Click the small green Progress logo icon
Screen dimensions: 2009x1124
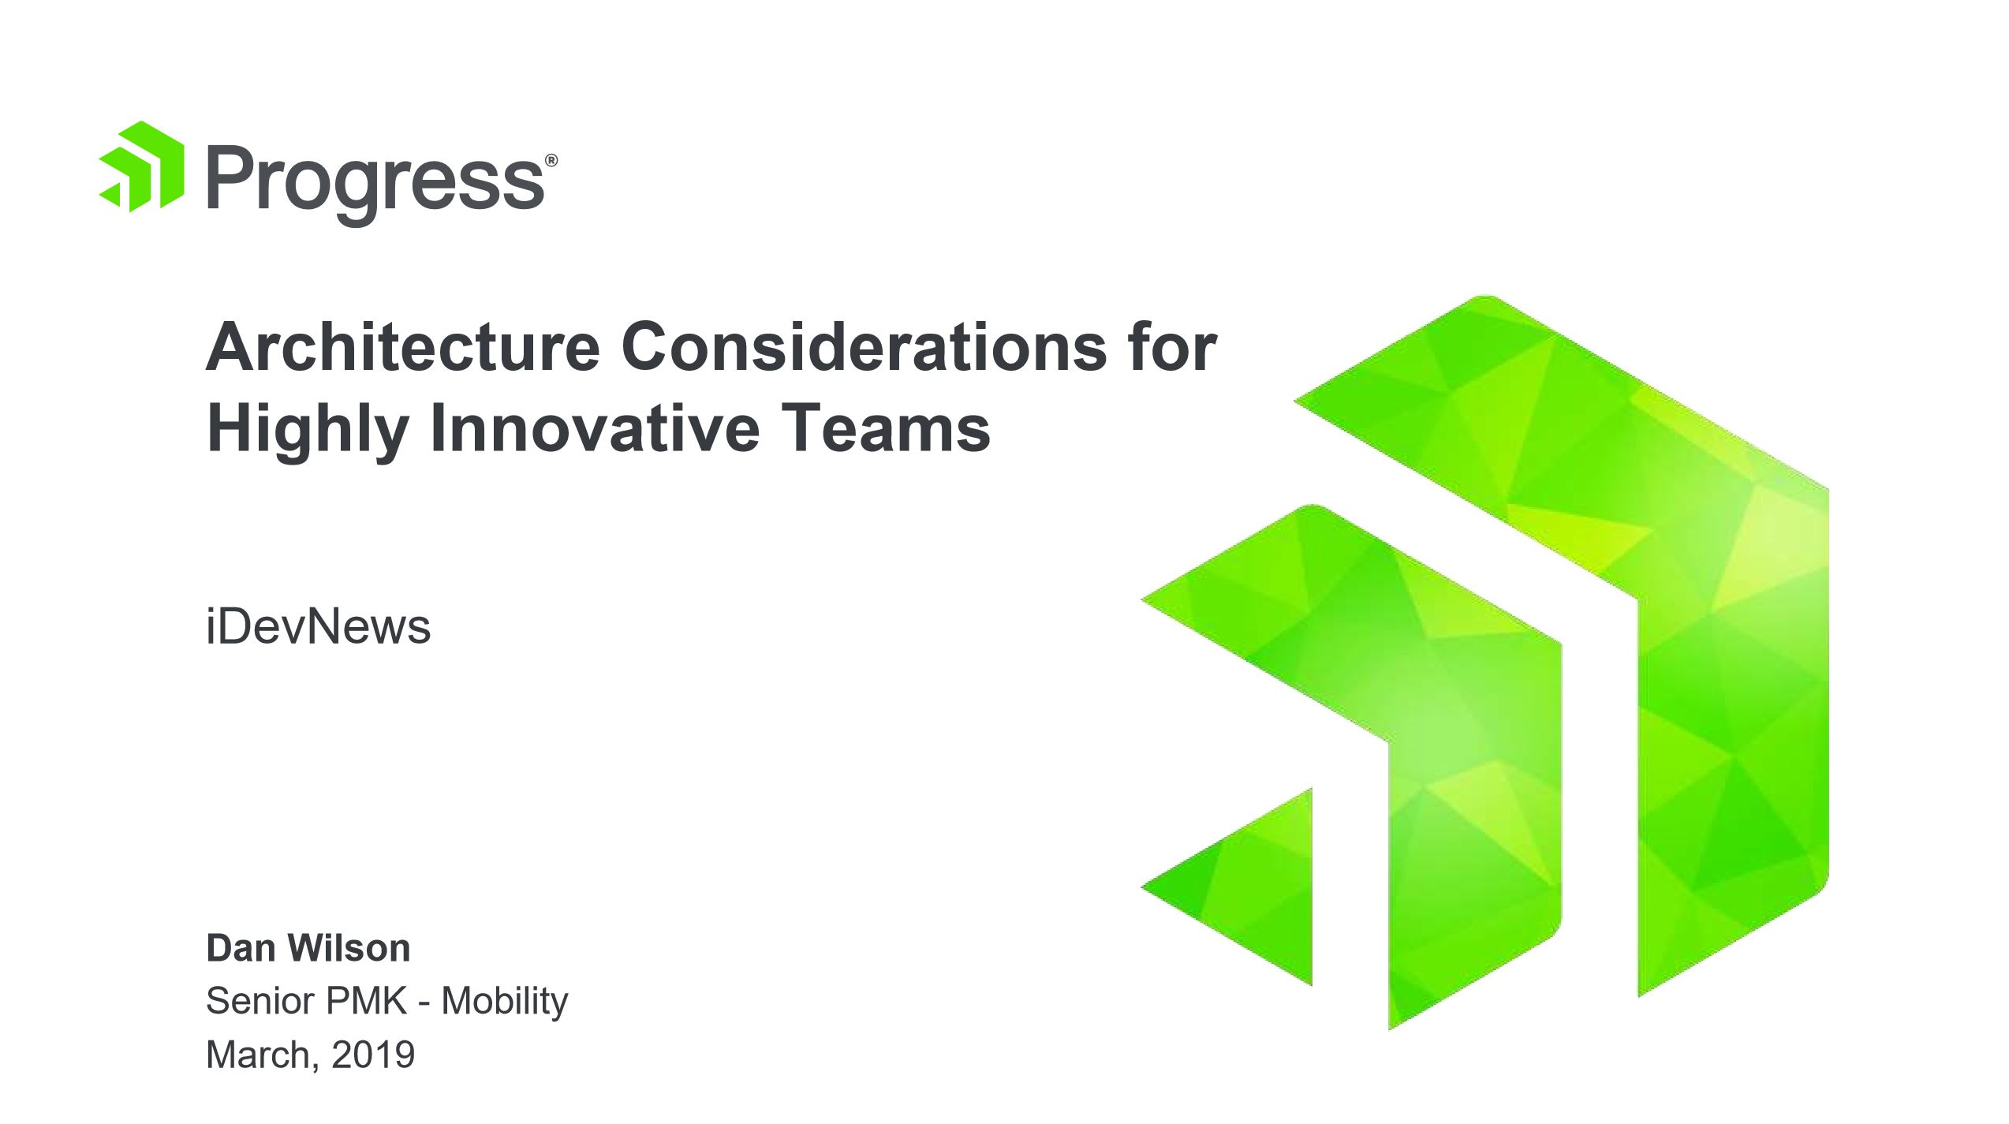coord(142,166)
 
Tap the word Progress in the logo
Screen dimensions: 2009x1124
coord(375,185)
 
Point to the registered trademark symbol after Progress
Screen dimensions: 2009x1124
coord(551,161)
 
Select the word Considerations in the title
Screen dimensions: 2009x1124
coord(864,347)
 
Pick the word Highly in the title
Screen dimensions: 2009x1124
coord(308,431)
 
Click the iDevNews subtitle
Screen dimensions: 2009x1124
coord(319,627)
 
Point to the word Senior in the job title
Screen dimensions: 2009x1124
coord(260,1001)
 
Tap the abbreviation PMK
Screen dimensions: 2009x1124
coord(367,1001)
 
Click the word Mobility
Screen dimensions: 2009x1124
coord(505,1003)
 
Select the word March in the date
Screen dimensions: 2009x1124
coord(259,1055)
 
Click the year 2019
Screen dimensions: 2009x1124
coord(373,1055)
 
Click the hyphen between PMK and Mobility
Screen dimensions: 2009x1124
coord(424,1005)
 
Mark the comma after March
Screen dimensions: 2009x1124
coord(316,1066)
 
